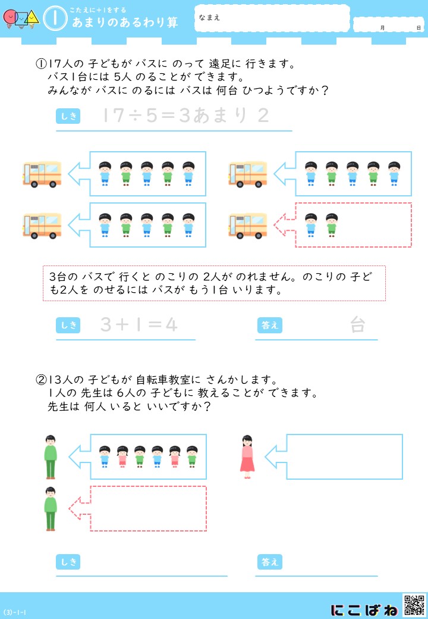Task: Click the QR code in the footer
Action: click(414, 605)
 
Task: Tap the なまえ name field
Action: click(272, 18)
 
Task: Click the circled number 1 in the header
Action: click(55, 18)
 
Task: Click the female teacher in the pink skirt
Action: click(247, 457)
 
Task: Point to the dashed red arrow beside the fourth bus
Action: click(285, 225)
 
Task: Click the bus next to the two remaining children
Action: click(247, 226)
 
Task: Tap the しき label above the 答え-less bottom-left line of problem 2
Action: click(68, 562)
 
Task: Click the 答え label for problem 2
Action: click(270, 562)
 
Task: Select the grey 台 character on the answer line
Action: click(357, 325)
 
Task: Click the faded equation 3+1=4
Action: click(139, 325)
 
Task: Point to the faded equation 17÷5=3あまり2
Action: click(185, 115)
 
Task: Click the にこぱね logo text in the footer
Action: click(364, 609)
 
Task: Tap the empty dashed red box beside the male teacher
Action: click(148, 508)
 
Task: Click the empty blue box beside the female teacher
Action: click(344, 457)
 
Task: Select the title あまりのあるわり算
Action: click(125, 22)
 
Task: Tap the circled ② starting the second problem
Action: click(41, 380)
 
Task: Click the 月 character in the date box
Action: click(382, 27)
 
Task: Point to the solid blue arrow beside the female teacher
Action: click(276, 457)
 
